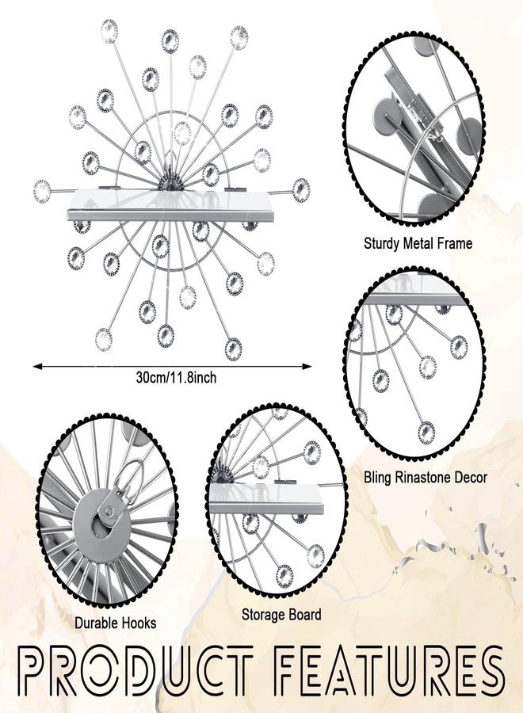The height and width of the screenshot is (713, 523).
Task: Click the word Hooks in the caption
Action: pyautogui.click(x=137, y=623)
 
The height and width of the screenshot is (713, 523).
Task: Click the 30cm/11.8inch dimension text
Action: pyautogui.click(x=176, y=377)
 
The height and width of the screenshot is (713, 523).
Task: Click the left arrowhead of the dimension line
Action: pyautogui.click(x=37, y=366)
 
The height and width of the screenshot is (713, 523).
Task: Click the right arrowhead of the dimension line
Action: pyautogui.click(x=307, y=366)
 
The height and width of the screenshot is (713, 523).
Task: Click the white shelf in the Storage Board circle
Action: pyautogui.click(x=266, y=499)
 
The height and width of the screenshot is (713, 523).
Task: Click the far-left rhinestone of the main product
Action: pyautogui.click(x=42, y=191)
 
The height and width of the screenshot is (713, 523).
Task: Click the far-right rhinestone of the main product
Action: pyautogui.click(x=301, y=190)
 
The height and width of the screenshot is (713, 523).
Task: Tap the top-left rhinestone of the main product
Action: pyautogui.click(x=109, y=32)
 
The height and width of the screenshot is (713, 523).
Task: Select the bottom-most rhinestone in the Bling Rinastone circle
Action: pyautogui.click(x=426, y=433)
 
